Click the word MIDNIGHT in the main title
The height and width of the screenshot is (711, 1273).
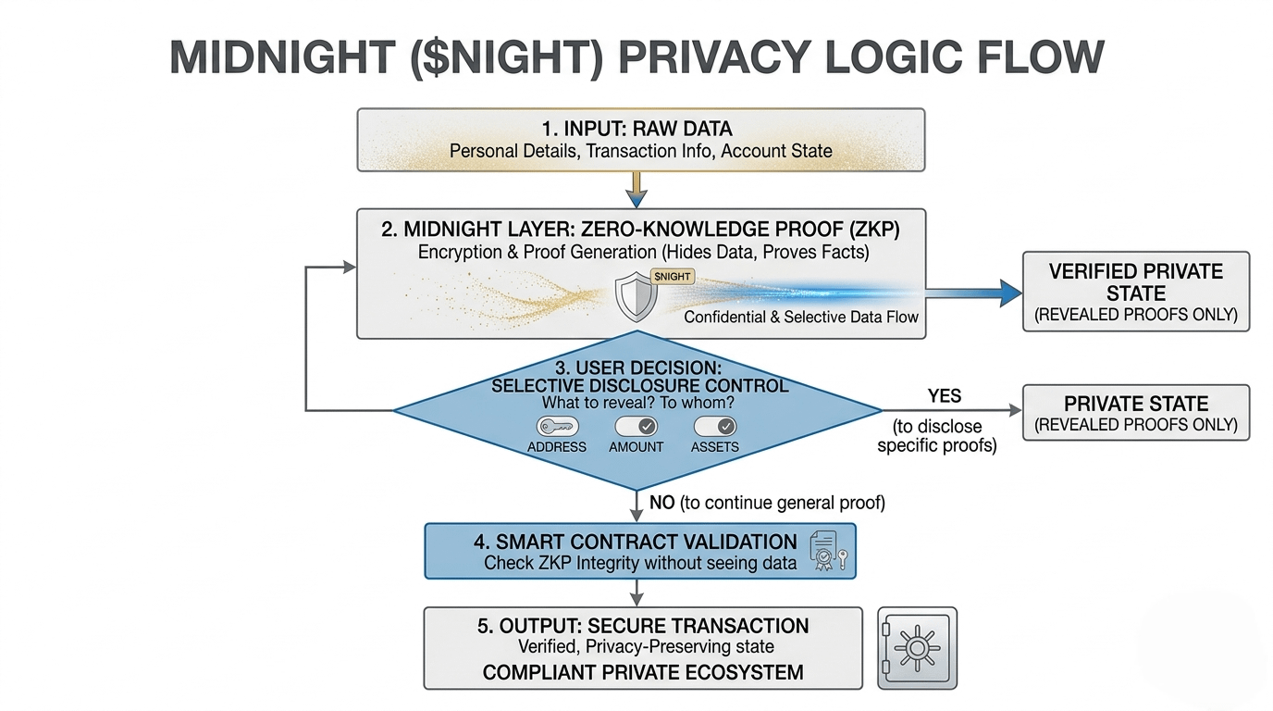(282, 57)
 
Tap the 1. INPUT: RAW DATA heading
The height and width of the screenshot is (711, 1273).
(636, 129)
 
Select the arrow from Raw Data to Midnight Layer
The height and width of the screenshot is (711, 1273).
(636, 190)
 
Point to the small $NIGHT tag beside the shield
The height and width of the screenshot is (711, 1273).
(673, 277)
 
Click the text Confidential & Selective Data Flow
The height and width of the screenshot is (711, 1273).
(801, 317)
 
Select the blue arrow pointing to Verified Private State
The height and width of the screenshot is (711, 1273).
(973, 293)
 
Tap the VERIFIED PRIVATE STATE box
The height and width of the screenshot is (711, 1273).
(1136, 292)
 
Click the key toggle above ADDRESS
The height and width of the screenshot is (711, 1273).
(557, 426)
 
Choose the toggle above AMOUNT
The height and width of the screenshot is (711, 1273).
(636, 426)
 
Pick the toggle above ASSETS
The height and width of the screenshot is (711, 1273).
(715, 426)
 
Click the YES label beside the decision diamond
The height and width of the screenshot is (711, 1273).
(945, 396)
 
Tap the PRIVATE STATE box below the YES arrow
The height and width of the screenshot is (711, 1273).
(1136, 412)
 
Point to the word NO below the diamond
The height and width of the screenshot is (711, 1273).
(662, 503)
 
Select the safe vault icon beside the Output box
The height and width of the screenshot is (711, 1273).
(917, 648)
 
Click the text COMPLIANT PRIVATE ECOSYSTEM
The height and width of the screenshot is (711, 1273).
(643, 672)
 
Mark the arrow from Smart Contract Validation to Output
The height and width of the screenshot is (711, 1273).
(636, 592)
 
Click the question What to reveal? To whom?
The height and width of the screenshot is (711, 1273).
(637, 403)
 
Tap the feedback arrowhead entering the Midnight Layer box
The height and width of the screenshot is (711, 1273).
(350, 267)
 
